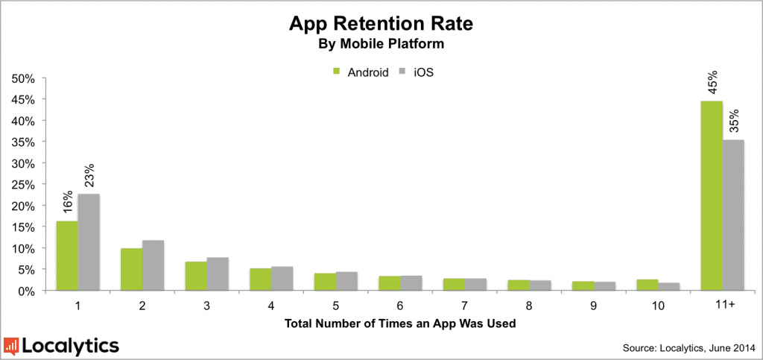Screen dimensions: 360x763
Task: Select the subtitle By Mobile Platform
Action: tap(381, 44)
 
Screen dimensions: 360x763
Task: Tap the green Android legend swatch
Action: tap(336, 72)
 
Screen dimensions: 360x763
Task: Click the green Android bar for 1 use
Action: tap(67, 256)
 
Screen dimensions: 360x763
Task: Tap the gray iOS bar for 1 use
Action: tap(88, 242)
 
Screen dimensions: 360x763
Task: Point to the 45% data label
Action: tap(712, 83)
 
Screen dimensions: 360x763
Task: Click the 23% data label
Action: tap(88, 177)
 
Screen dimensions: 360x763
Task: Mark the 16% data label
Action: tap(67, 203)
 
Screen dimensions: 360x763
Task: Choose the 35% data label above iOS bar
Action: tap(733, 121)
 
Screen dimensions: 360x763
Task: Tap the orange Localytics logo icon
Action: tap(12, 346)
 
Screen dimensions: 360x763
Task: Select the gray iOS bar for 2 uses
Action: tap(153, 265)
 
